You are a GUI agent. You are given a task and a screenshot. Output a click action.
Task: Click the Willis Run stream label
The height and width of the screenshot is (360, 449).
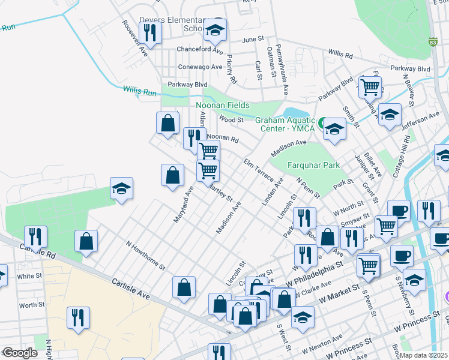click(140, 91)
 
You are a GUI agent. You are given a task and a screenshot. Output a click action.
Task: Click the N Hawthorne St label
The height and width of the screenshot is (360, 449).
click(145, 256)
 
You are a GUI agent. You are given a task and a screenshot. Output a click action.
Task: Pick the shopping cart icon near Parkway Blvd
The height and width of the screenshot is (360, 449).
click(370, 86)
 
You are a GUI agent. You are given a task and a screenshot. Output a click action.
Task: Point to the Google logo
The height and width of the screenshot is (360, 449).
click(20, 353)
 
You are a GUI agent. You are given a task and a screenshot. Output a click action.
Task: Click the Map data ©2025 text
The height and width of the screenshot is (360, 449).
click(423, 355)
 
